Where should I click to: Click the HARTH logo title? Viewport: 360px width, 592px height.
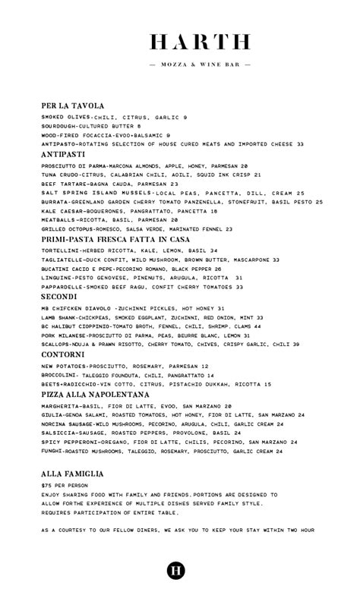[200, 42]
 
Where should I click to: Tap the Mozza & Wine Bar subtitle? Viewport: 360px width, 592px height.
[200, 65]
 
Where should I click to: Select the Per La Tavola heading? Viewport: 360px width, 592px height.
[73, 105]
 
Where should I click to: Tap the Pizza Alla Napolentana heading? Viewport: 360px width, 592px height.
[95, 395]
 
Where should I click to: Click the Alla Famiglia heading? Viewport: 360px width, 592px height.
[72, 474]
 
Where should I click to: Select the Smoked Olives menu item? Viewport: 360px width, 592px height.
[114, 118]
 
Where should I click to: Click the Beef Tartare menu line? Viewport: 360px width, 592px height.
[110, 184]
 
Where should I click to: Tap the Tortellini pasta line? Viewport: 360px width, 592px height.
[129, 250]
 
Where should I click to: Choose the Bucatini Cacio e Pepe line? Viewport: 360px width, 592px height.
[131, 269]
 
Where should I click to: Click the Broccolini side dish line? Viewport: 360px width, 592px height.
[128, 375]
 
